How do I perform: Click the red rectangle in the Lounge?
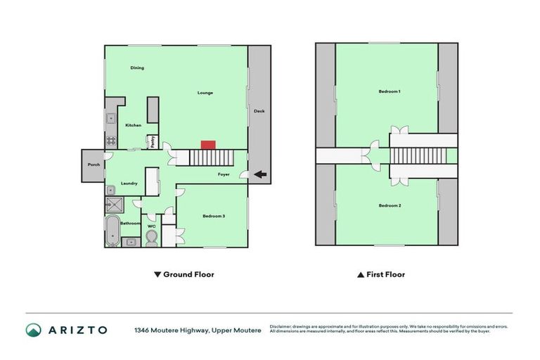pyautogui.click(x=207, y=145)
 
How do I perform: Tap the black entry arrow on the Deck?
pyautogui.click(x=260, y=174)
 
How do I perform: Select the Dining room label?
pyautogui.click(x=137, y=68)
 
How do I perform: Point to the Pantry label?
pyautogui.click(x=150, y=141)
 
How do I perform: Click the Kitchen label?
pyautogui.click(x=133, y=125)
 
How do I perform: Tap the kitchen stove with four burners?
pyautogui.click(x=111, y=141)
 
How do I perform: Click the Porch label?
pyautogui.click(x=93, y=165)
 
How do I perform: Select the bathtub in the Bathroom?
pyautogui.click(x=112, y=231)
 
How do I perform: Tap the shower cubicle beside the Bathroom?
pyautogui.click(x=112, y=205)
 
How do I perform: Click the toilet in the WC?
pyautogui.click(x=151, y=238)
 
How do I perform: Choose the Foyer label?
pyautogui.click(x=224, y=174)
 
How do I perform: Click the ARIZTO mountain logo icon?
pyautogui.click(x=33, y=330)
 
